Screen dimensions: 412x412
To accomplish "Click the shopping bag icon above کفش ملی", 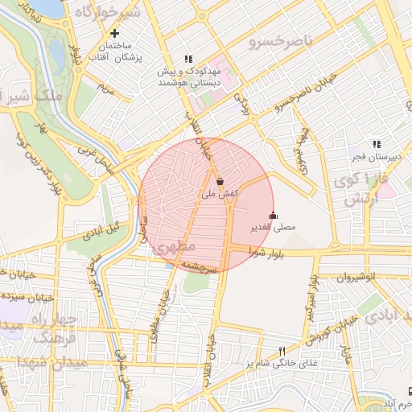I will point(220,182).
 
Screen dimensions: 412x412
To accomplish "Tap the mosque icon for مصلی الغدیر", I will point(273,215).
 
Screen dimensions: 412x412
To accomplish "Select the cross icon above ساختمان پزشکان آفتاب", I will point(116,34).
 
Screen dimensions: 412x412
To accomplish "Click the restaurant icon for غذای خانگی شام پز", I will point(282,352).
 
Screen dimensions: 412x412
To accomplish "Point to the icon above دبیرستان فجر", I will point(376,143).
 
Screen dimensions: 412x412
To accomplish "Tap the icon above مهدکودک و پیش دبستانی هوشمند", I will point(188,59).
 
